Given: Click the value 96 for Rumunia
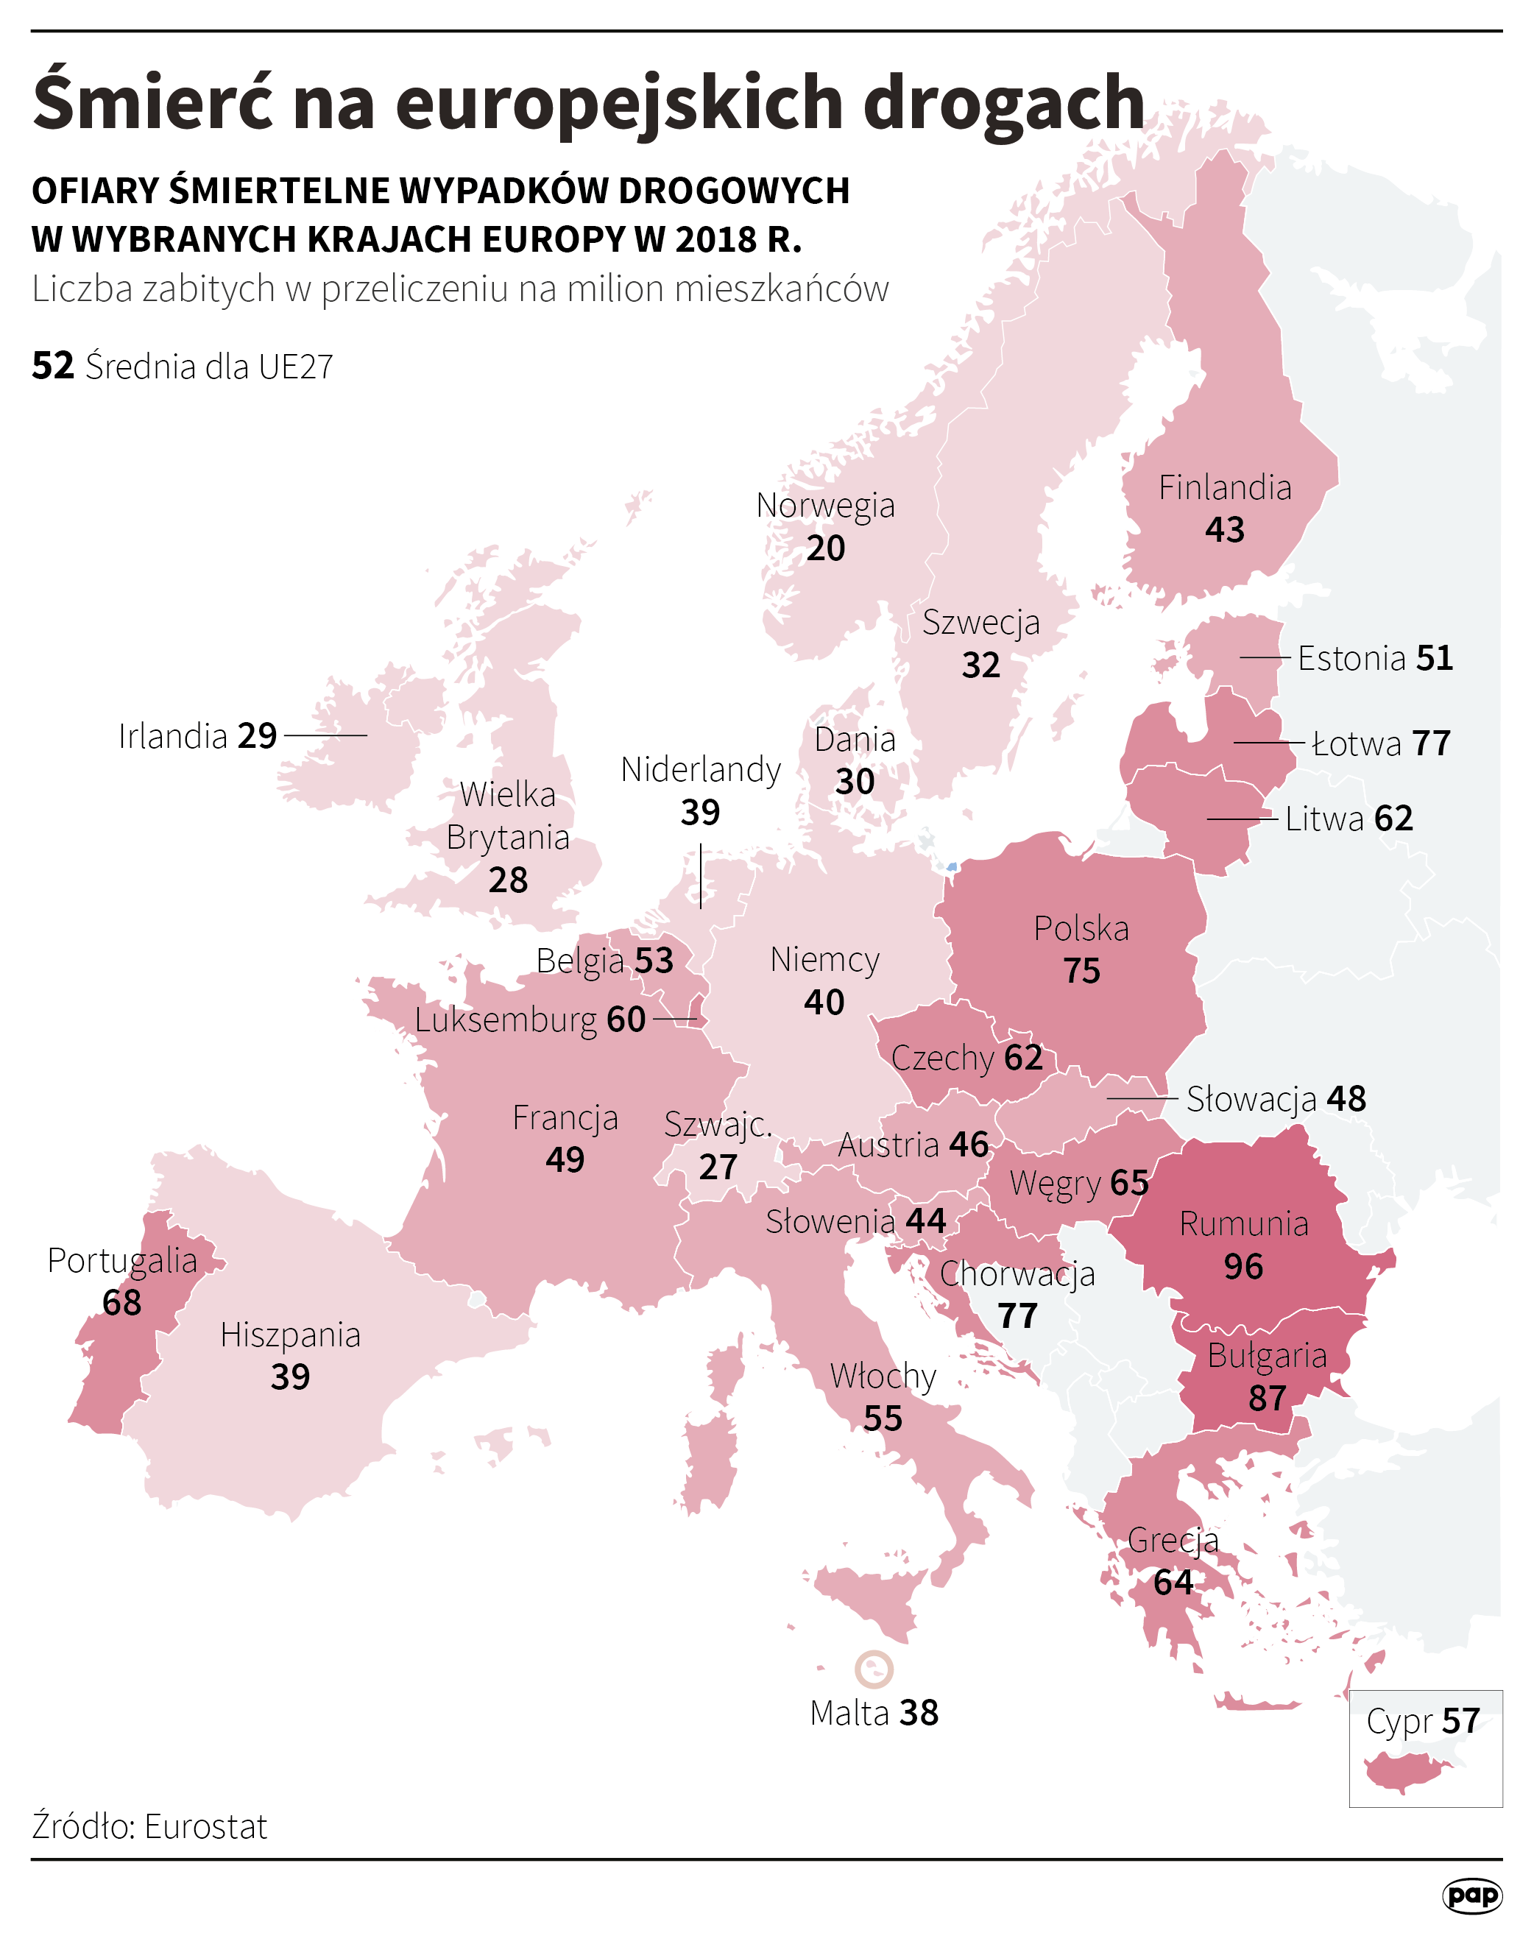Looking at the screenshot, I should pos(1243,1266).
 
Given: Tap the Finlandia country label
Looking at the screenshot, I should pos(1225,488).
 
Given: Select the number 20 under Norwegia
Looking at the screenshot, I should pos(825,548).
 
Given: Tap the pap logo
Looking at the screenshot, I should pos(1472,1895).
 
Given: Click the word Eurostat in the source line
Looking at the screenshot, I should pos(205,1826).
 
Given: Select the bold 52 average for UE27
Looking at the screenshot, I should pos(53,366).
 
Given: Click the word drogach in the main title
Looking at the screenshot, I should pos(1004,102).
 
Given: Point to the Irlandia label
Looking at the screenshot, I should pos(173,736).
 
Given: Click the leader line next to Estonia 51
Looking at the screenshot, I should pos(1264,658).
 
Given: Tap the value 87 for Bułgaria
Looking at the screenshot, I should pos(1267,1398).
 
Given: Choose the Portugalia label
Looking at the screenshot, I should pos(122,1261).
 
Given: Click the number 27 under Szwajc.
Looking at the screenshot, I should pos(717,1167).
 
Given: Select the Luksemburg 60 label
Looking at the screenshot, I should pos(529,1019).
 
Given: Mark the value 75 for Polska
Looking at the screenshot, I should pos(1081,971).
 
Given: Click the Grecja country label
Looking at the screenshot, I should pos(1173,1539).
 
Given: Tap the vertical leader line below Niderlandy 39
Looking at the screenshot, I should pos(700,875).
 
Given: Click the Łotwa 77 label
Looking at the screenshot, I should pos(1381,743).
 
